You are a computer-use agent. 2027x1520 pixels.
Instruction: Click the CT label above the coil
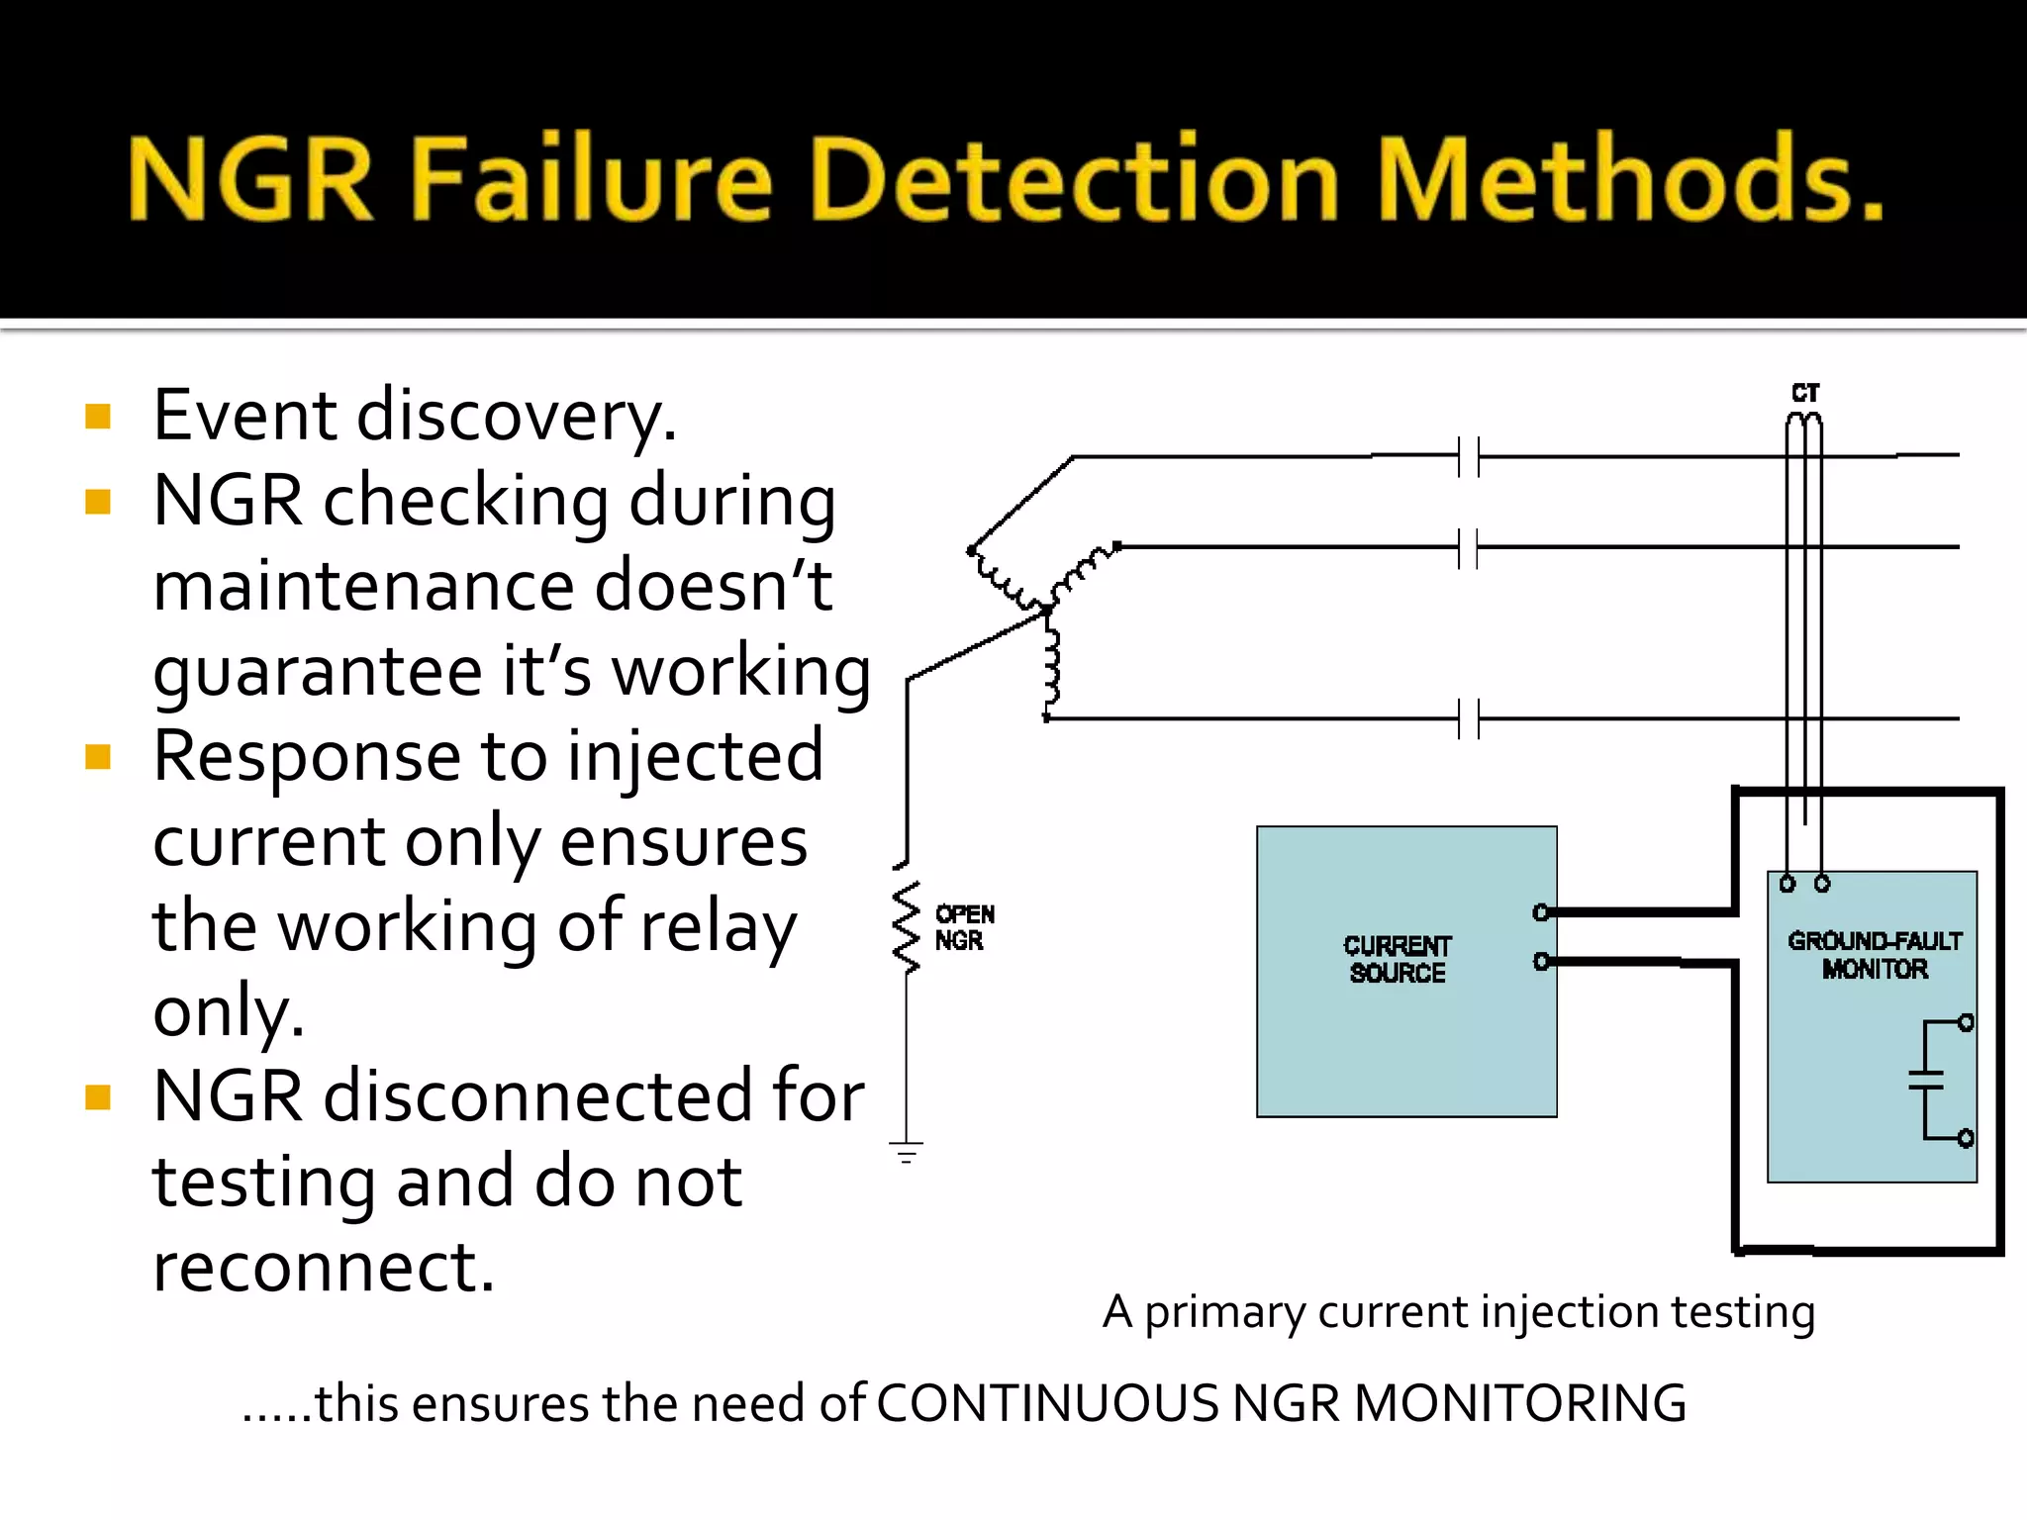pos(1805,393)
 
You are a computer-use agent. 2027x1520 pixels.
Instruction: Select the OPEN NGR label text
pos(963,927)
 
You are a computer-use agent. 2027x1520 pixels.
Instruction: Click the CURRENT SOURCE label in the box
pos(1397,959)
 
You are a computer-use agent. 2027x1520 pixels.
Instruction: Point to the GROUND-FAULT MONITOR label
pos(1874,954)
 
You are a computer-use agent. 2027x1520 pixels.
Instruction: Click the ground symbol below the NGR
pos(906,1151)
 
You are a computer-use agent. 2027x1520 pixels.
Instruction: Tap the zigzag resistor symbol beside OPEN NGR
pos(906,927)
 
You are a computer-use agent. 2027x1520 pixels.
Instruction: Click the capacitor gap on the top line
pos(1468,457)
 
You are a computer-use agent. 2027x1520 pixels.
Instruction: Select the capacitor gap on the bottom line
pos(1468,718)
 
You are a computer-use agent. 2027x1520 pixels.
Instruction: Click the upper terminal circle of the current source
pos(1541,912)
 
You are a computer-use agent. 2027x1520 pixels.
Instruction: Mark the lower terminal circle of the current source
pos(1541,961)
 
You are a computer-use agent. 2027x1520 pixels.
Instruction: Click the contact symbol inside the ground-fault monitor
pos(1930,1080)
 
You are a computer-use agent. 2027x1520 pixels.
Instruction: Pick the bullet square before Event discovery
pos(98,416)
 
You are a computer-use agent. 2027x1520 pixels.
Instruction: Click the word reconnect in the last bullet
pos(323,1267)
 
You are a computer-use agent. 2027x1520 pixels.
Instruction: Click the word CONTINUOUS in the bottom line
pos(1046,1403)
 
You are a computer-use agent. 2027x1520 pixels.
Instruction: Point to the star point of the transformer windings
pos(1046,612)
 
